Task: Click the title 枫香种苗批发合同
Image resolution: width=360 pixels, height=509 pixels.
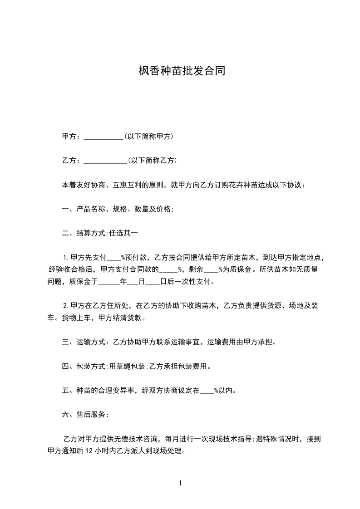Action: coord(182,71)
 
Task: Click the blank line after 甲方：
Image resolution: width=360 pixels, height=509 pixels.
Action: coord(104,137)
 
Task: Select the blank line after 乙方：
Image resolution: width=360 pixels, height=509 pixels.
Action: coord(106,161)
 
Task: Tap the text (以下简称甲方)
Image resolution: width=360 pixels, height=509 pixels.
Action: coord(148,137)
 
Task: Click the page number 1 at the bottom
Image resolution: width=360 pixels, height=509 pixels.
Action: coord(180,483)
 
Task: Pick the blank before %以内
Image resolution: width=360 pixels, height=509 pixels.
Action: coord(207,390)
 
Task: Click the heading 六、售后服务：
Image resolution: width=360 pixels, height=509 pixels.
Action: coord(85,414)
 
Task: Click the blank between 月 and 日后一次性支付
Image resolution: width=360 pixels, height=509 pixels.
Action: coord(153,282)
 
